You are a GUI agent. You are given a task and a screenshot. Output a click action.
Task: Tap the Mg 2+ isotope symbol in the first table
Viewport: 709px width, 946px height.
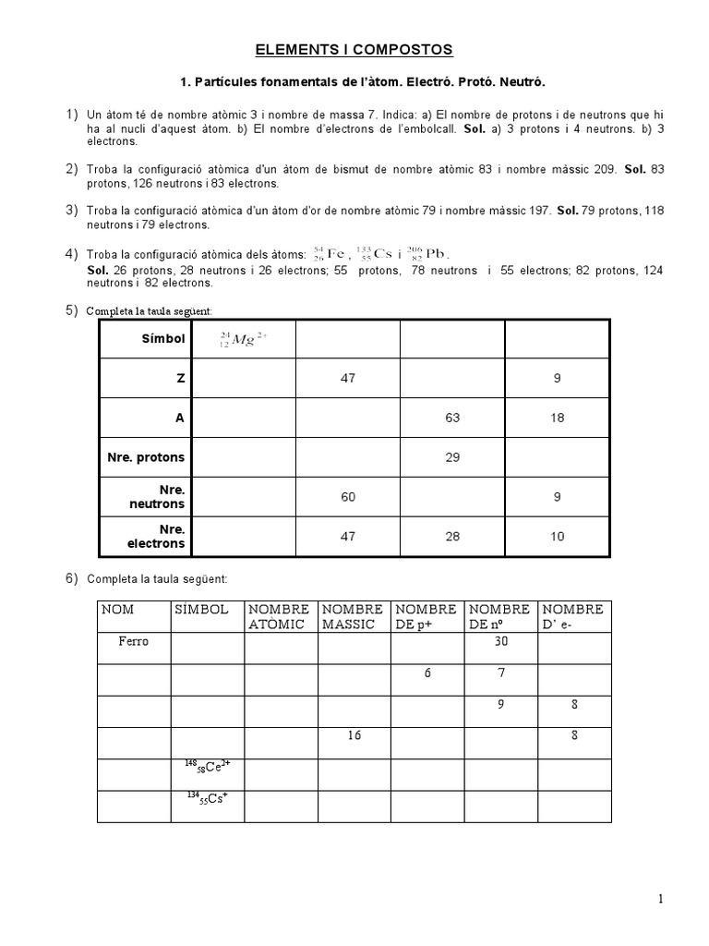[x=243, y=339]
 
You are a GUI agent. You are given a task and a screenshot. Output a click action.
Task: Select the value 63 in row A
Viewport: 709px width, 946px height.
[x=451, y=418]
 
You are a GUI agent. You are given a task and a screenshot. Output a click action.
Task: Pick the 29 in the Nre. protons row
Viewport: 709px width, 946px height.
[x=451, y=457]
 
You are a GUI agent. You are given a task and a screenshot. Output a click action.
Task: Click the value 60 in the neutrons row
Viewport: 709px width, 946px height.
[x=347, y=497]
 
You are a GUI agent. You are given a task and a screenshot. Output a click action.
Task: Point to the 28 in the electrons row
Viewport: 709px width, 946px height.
[x=451, y=537]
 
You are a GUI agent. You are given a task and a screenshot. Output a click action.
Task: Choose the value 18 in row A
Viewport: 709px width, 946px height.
[x=557, y=418]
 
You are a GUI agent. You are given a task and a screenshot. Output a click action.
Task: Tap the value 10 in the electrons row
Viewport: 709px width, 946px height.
[x=557, y=537]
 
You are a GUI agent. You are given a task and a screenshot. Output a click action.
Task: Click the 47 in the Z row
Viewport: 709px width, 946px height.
[x=347, y=378]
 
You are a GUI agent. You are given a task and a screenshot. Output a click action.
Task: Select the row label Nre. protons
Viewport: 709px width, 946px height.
[x=146, y=457]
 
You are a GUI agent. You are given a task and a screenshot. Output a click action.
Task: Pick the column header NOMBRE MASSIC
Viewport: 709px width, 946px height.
[x=353, y=616]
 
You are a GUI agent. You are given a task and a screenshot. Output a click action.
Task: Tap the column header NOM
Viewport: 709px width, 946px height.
[x=117, y=610]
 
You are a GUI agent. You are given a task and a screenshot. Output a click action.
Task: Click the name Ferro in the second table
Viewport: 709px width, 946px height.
[x=133, y=641]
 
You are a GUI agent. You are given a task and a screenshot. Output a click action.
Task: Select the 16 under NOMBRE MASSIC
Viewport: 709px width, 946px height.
[x=354, y=736]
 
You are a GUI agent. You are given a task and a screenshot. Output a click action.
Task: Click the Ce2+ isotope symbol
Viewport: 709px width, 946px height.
[x=205, y=766]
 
